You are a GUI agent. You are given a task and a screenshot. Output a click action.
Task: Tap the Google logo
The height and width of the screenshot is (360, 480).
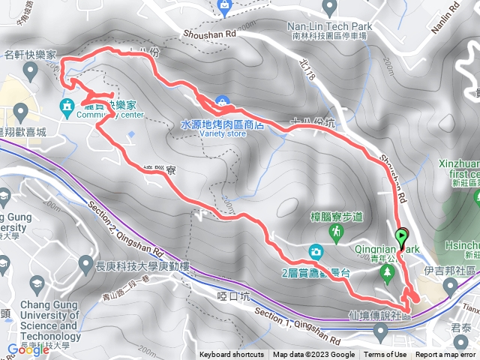(28, 349)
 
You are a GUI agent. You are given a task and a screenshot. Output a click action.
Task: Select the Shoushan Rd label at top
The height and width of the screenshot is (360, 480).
(209, 34)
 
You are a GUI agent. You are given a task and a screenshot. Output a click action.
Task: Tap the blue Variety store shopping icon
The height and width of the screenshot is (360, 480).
(223, 101)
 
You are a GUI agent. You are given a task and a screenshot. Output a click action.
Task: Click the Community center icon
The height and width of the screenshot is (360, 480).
(67, 104)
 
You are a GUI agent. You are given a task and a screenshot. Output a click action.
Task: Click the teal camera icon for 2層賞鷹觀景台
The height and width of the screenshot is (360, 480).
(316, 250)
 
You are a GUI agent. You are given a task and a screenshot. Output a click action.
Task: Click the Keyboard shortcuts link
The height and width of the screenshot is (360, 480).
(231, 355)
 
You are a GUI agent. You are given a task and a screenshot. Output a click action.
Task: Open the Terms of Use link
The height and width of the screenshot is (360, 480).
(385, 355)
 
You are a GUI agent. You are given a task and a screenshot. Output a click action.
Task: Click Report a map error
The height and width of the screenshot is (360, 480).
(446, 355)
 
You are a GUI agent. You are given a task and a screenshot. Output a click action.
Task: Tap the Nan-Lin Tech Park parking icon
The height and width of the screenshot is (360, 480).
(329, 7)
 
